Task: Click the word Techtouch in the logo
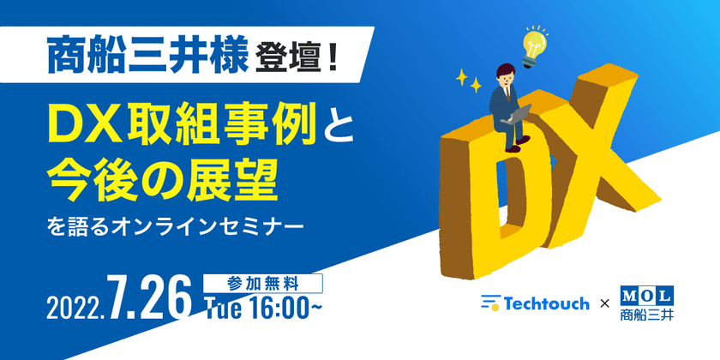(546, 303)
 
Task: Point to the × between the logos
(603, 304)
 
